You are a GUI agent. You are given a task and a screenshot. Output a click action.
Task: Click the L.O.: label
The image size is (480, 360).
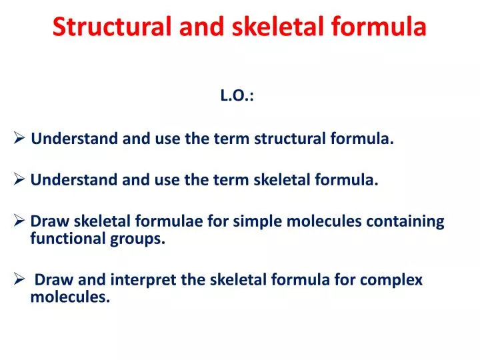coord(237,96)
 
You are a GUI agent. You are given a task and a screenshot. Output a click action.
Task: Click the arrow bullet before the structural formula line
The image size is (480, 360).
coord(19,139)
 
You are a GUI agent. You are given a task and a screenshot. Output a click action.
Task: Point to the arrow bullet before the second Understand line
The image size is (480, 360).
coord(19,179)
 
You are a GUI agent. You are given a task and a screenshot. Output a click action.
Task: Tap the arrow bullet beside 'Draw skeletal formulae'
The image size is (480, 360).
coord(19,221)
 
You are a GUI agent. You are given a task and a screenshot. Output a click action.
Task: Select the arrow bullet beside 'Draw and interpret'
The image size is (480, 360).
coord(19,280)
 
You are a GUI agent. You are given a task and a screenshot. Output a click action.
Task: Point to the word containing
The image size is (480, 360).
coord(406,221)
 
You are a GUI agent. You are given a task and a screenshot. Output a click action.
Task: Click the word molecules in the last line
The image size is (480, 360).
coord(69,298)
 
